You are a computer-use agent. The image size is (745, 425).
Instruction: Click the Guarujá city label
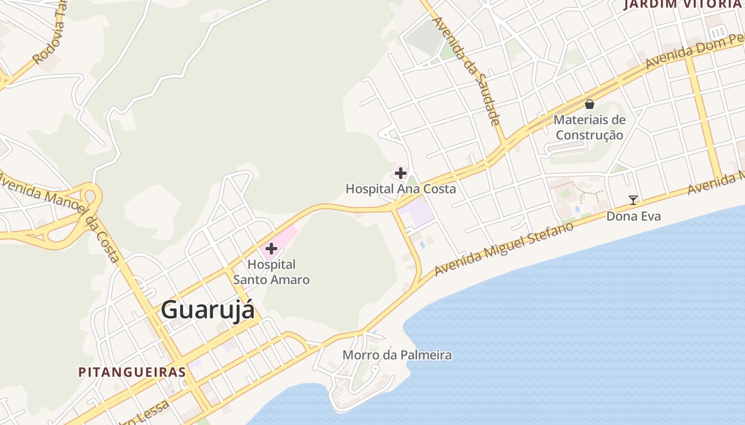tap(208, 310)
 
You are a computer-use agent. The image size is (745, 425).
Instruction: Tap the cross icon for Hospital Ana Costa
tap(401, 173)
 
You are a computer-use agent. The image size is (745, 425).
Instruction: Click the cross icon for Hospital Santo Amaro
tap(271, 248)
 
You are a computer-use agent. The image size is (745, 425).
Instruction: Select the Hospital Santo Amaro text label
tap(271, 271)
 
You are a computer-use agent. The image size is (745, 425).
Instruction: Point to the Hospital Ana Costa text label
tap(401, 189)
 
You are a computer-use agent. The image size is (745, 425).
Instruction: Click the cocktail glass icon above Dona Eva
tap(633, 200)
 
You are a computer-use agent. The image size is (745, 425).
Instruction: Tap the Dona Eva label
tap(633, 216)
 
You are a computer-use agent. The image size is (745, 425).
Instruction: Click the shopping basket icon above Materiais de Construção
tap(589, 104)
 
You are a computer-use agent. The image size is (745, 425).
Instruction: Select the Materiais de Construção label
tap(589, 127)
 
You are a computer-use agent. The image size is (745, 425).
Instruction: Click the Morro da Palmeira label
tap(397, 355)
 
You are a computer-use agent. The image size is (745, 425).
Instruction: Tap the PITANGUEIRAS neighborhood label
tap(132, 372)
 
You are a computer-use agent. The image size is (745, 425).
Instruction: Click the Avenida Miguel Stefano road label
tap(504, 248)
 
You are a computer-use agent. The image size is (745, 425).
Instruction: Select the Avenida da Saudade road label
tap(468, 71)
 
